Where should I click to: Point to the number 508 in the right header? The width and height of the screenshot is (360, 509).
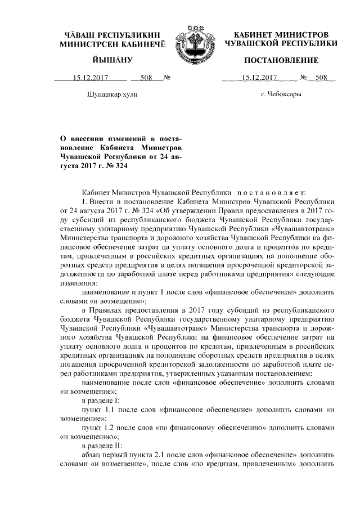click(x=321, y=78)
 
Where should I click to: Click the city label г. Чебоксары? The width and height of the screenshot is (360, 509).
click(x=281, y=94)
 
